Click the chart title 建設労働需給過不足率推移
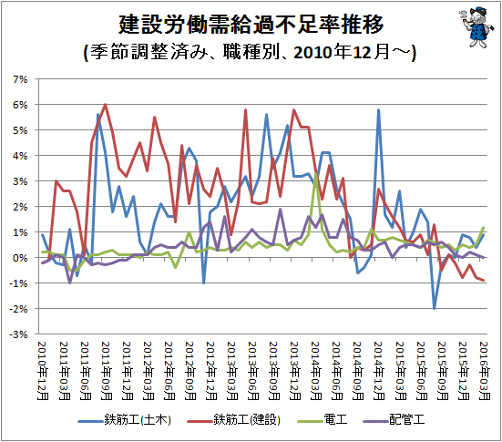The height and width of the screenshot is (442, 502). pos(251,25)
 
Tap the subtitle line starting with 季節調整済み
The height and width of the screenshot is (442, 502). pos(250,52)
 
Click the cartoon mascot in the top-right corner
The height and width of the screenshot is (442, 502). pos(474,27)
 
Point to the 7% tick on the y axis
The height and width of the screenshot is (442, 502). pos(20,79)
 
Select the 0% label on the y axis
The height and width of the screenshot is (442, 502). pos(20,258)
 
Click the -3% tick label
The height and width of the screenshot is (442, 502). pos(18,334)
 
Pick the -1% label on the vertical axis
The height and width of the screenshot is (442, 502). pos(18,283)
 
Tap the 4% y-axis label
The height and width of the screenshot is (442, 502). pos(20,156)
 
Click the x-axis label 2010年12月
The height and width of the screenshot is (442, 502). pos(43,371)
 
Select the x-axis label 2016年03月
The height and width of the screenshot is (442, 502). pos(485,371)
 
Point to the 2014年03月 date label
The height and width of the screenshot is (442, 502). pos(316,371)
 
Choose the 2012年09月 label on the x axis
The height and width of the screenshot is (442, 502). pos(190,371)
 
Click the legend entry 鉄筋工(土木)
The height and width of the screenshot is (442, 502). pos(125,419)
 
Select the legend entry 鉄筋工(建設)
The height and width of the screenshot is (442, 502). pos(234,419)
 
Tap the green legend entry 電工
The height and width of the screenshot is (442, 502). pos(323,419)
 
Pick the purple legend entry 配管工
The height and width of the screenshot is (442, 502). pos(394,419)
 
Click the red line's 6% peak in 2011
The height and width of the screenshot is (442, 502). pos(106,105)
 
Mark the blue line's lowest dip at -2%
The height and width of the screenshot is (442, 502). pos(435,309)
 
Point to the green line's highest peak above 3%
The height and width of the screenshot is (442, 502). pos(316,173)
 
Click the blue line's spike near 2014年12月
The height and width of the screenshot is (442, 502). pos(378,109)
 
